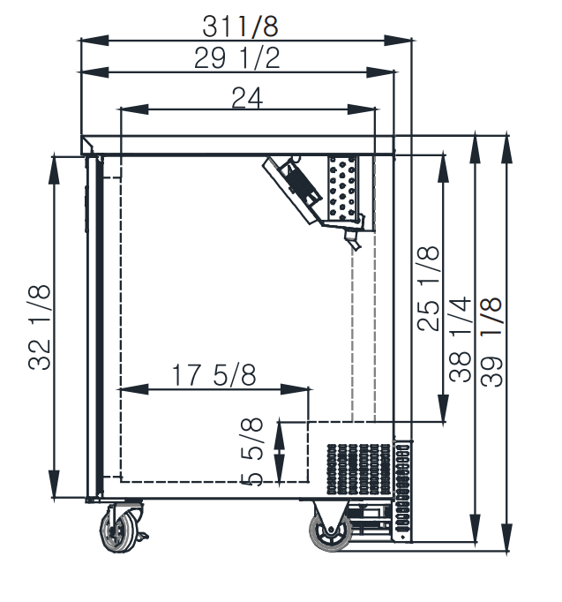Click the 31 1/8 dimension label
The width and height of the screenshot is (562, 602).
point(240,26)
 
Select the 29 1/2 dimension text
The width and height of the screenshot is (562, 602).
point(237,58)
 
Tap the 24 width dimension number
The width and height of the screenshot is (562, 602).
point(247,98)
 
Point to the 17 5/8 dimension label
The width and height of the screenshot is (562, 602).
point(214,375)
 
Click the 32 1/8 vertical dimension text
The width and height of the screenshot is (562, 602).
point(39,327)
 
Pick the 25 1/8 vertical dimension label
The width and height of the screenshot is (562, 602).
point(428,288)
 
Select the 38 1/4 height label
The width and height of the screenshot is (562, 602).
point(460,339)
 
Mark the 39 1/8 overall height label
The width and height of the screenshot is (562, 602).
point(491,342)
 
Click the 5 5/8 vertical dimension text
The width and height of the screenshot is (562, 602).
point(251,452)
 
